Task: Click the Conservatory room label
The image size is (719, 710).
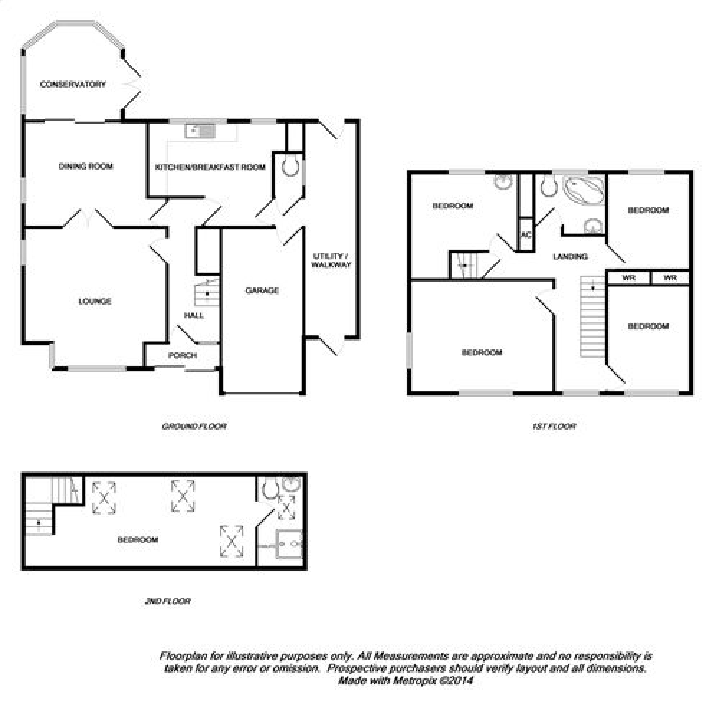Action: (73, 84)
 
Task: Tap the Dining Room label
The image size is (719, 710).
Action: (86, 166)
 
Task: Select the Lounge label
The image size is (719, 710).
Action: (95, 301)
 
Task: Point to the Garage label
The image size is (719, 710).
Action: (262, 290)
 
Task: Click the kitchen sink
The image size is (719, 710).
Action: (200, 131)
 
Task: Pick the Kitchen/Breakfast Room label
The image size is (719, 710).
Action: (211, 167)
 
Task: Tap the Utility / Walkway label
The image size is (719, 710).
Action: (331, 260)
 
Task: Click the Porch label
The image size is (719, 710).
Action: (183, 355)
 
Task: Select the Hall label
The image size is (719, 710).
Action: (194, 315)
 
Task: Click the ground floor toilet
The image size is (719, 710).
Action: (290, 166)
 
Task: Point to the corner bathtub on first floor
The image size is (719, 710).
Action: (584, 189)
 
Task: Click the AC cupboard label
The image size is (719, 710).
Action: (526, 235)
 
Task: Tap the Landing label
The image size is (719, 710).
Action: (570, 257)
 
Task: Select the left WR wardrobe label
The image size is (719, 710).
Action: (628, 278)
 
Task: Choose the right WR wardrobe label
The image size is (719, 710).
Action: (670, 278)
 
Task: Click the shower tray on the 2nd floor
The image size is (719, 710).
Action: (289, 544)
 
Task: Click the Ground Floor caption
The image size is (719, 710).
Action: (194, 426)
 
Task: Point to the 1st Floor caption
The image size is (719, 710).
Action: (554, 426)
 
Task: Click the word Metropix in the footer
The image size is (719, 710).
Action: (413, 681)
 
